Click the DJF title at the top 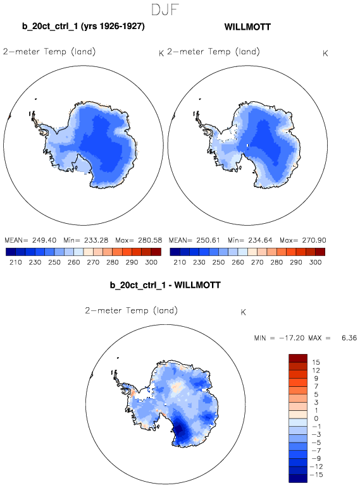click(x=164, y=10)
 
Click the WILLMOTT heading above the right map click(x=247, y=27)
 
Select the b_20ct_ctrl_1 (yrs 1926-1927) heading click(x=84, y=27)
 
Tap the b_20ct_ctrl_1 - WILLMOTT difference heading click(x=165, y=285)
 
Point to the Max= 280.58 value click(x=139, y=240)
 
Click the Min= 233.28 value click(x=86, y=240)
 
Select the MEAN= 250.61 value click(x=194, y=240)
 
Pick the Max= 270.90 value click(x=302, y=240)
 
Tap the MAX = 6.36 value click(x=332, y=338)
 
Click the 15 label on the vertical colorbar click(x=316, y=362)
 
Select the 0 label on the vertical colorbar click(x=316, y=418)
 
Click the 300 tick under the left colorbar click(x=151, y=262)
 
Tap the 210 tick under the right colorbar click(x=180, y=262)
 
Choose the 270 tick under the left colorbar click(x=93, y=262)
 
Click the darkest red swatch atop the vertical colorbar click(x=298, y=358)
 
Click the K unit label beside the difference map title click(x=243, y=312)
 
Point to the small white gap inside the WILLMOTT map click(x=247, y=145)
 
